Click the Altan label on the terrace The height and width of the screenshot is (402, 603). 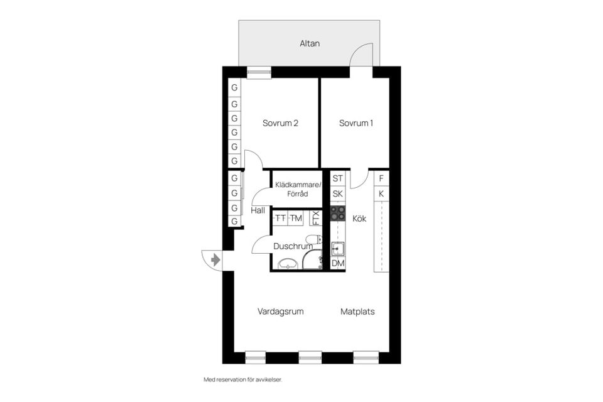coord(309,44)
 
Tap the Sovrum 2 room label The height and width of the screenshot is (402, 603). coord(280,123)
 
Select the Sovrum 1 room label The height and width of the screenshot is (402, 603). coord(356,123)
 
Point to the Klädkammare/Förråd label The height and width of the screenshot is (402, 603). coord(298,189)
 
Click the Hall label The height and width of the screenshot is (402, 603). coord(258,210)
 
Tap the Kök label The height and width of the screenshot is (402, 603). coord(359,219)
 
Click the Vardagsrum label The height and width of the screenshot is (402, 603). coord(280,311)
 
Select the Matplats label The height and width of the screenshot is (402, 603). coord(357,311)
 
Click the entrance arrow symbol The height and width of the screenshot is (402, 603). coord(215,259)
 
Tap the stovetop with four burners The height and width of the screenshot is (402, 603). coord(338,213)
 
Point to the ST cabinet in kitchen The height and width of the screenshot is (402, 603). coord(338,178)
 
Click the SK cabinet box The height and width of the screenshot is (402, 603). coord(338,194)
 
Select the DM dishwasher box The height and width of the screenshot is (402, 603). coord(338,264)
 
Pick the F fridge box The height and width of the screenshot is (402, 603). coord(381,178)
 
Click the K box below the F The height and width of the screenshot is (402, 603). coord(381,193)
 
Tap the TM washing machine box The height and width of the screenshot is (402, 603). coord(296,218)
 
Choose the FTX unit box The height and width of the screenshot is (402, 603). coord(316,218)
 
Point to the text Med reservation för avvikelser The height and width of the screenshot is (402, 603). coord(247,380)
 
